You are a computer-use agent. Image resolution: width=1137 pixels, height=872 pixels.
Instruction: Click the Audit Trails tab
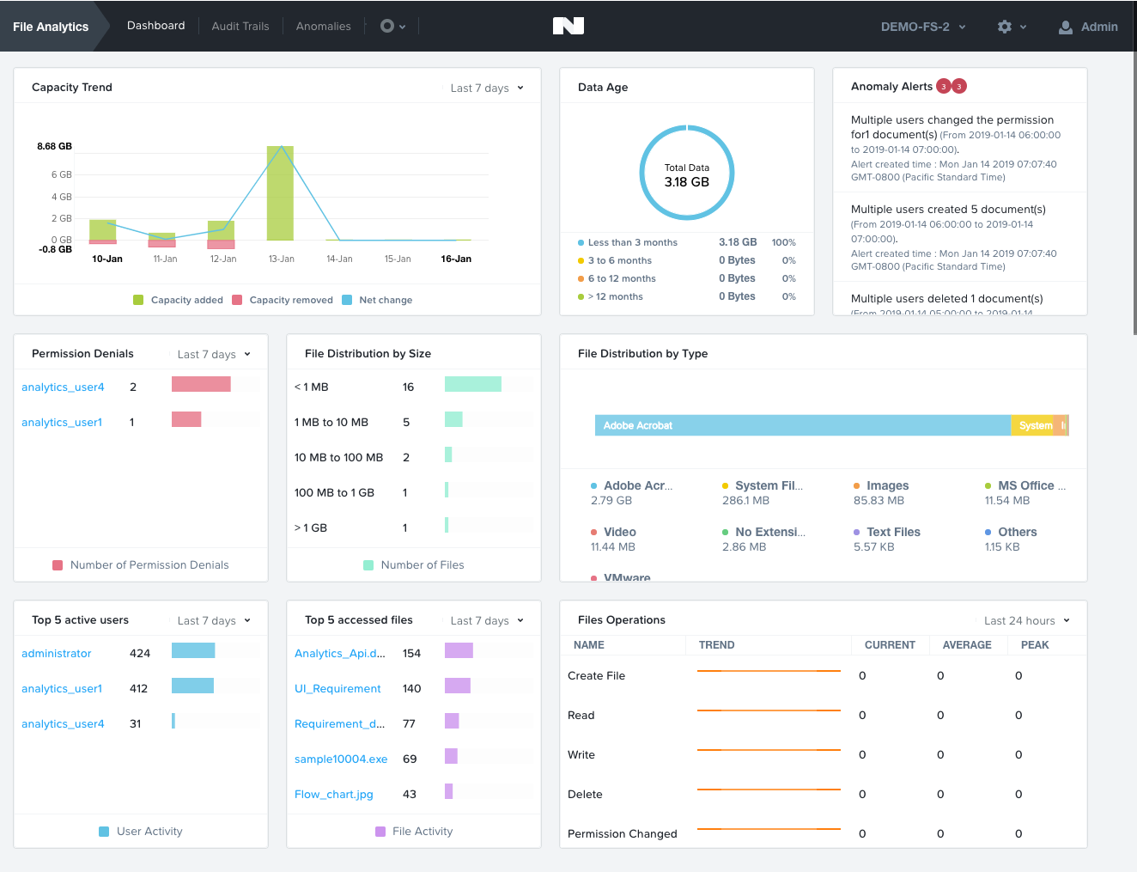tap(240, 26)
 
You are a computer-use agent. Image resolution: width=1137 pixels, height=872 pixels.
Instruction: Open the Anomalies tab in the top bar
tap(323, 26)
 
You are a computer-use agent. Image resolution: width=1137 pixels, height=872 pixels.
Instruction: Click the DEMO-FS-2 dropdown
tap(922, 27)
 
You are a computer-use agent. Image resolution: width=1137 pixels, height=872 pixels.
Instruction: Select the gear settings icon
tap(1005, 27)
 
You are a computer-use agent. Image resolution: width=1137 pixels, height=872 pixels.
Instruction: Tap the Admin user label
tap(1098, 27)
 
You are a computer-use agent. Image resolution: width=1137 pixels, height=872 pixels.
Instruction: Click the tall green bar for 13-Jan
tap(281, 192)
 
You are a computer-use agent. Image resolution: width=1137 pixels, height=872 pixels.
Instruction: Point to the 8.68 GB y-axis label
tap(54, 146)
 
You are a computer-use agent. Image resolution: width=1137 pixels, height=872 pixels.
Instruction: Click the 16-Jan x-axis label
tap(456, 259)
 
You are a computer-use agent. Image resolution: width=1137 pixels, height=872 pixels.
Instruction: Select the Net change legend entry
tap(386, 300)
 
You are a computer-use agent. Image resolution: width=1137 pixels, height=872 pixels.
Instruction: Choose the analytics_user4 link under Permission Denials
tap(63, 387)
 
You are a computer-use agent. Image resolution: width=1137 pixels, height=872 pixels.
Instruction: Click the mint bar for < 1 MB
tap(473, 384)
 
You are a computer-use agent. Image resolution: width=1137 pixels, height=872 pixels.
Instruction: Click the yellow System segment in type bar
tap(1033, 425)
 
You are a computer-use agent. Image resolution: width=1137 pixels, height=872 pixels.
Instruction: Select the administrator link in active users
tap(57, 654)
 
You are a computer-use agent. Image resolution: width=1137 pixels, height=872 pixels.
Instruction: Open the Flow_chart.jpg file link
tap(334, 795)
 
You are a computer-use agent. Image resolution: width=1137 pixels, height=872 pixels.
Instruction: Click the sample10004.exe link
tap(341, 759)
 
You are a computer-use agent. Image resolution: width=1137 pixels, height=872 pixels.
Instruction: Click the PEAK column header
tap(1035, 645)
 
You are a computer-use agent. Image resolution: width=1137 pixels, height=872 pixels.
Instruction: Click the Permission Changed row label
tap(623, 834)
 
